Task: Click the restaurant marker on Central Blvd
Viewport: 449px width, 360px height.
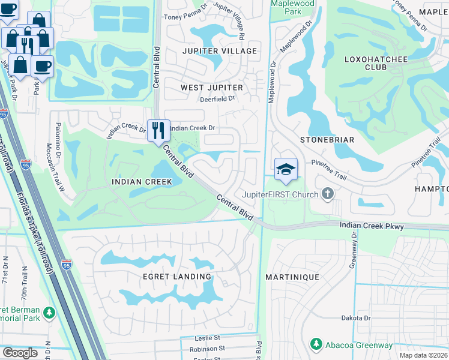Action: [158, 130]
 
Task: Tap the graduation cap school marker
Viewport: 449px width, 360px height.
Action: [286, 169]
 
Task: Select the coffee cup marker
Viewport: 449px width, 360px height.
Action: [42, 66]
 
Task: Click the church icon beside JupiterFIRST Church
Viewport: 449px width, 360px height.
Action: [327, 193]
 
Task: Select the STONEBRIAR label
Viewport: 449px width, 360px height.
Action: [327, 139]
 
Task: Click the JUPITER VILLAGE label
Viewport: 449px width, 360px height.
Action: [218, 51]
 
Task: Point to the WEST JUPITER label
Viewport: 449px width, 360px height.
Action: [212, 88]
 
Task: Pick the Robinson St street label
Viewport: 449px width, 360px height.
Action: [206, 348]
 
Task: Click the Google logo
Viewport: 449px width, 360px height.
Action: [20, 353]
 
